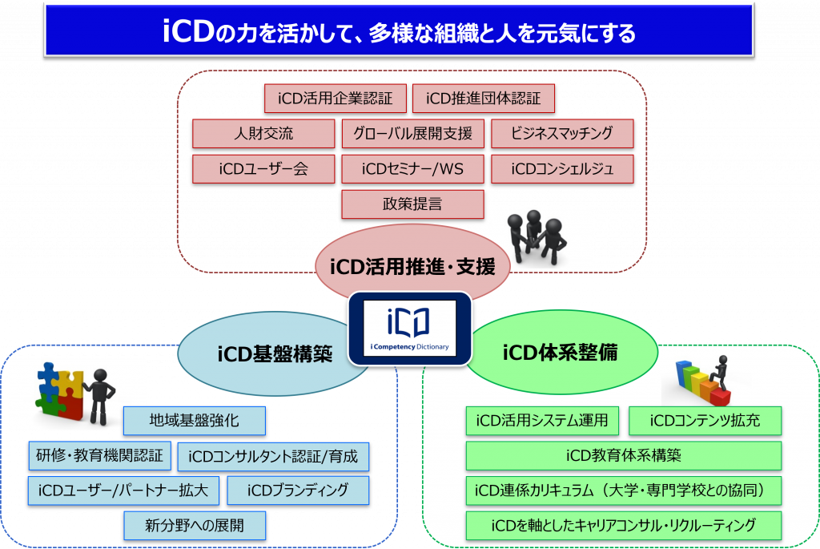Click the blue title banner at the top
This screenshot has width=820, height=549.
pyautogui.click(x=399, y=30)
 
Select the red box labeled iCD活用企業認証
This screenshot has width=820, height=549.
pyautogui.click(x=336, y=99)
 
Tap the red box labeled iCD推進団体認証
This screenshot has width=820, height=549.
pyautogui.click(x=483, y=99)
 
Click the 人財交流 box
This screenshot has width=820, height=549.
pyautogui.click(x=263, y=134)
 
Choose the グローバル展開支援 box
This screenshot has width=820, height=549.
pyautogui.click(x=412, y=134)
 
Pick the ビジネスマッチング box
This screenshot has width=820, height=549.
pyautogui.click(x=562, y=134)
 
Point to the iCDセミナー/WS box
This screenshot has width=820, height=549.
pyautogui.click(x=412, y=168)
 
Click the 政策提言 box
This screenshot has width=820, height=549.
pyautogui.click(x=412, y=204)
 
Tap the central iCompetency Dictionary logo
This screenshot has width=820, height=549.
pyautogui.click(x=410, y=328)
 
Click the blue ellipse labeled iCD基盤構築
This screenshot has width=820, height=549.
pyautogui.click(x=272, y=353)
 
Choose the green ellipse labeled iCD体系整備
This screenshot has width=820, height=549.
pyautogui.click(x=561, y=352)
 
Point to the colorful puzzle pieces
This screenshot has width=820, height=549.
pyautogui.click(x=59, y=390)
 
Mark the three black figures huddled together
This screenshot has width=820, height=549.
pyautogui.click(x=537, y=237)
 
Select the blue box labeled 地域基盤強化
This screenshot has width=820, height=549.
pyautogui.click(x=195, y=421)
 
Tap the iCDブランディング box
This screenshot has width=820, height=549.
pyautogui.click(x=298, y=490)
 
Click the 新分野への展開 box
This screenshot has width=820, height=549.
pyautogui.click(x=195, y=526)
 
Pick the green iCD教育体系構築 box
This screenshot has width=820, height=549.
pyautogui.click(x=624, y=455)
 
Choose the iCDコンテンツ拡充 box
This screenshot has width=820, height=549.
pyautogui.click(x=705, y=421)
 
